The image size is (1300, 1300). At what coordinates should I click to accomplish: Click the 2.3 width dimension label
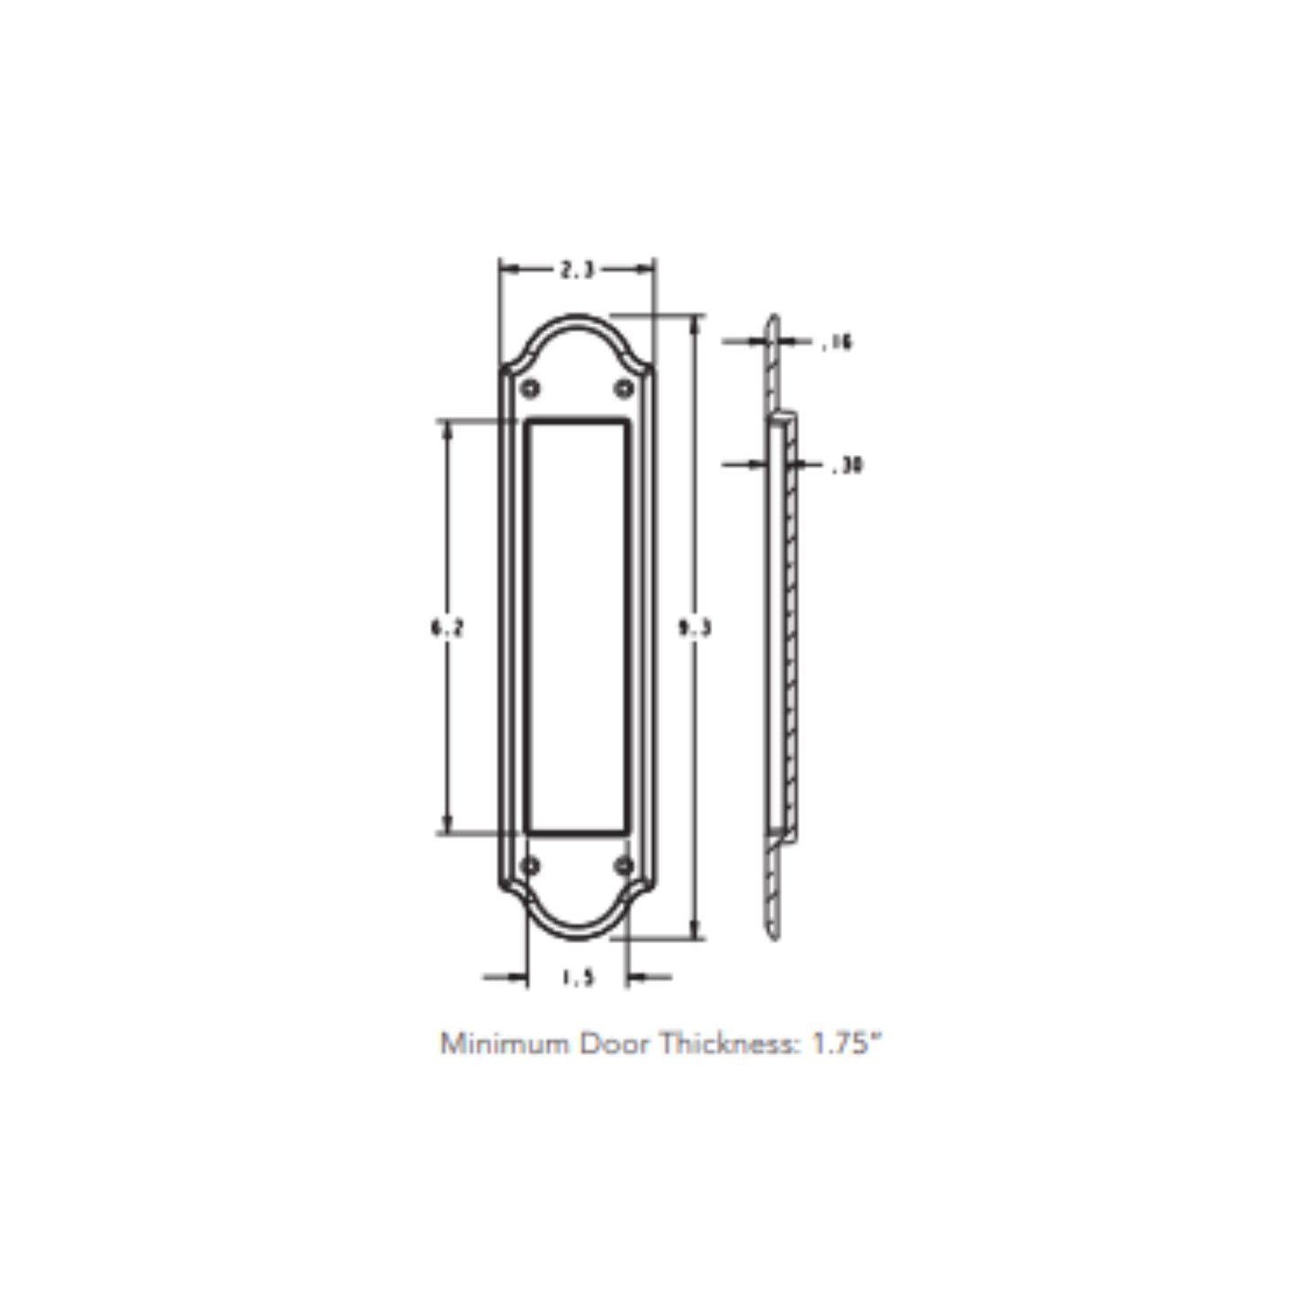(x=578, y=269)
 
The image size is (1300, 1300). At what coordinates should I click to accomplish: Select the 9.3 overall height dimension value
(x=695, y=628)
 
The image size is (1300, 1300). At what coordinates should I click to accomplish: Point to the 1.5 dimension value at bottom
(x=578, y=977)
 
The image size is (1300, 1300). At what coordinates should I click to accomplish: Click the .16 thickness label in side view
(x=836, y=342)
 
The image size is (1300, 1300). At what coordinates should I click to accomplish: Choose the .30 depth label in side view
(x=846, y=466)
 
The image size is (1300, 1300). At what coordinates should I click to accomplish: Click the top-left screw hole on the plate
(x=531, y=389)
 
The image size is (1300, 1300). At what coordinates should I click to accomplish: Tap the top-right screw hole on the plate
(x=623, y=389)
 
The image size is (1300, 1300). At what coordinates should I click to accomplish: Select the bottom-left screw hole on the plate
(x=531, y=866)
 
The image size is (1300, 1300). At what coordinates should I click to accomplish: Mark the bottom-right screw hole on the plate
(x=623, y=866)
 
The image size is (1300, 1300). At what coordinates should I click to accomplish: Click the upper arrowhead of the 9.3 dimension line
(x=694, y=323)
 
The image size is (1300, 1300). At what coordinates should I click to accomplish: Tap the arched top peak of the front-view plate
(x=578, y=317)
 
